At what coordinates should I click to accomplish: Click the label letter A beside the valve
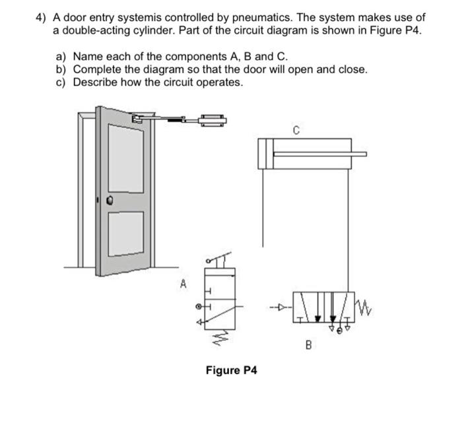[183, 284]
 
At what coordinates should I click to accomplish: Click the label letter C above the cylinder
[296, 131]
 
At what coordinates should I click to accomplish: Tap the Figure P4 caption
[231, 370]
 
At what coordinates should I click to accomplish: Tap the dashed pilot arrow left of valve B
[280, 307]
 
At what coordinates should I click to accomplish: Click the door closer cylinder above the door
[211, 119]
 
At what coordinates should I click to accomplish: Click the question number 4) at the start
[41, 18]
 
